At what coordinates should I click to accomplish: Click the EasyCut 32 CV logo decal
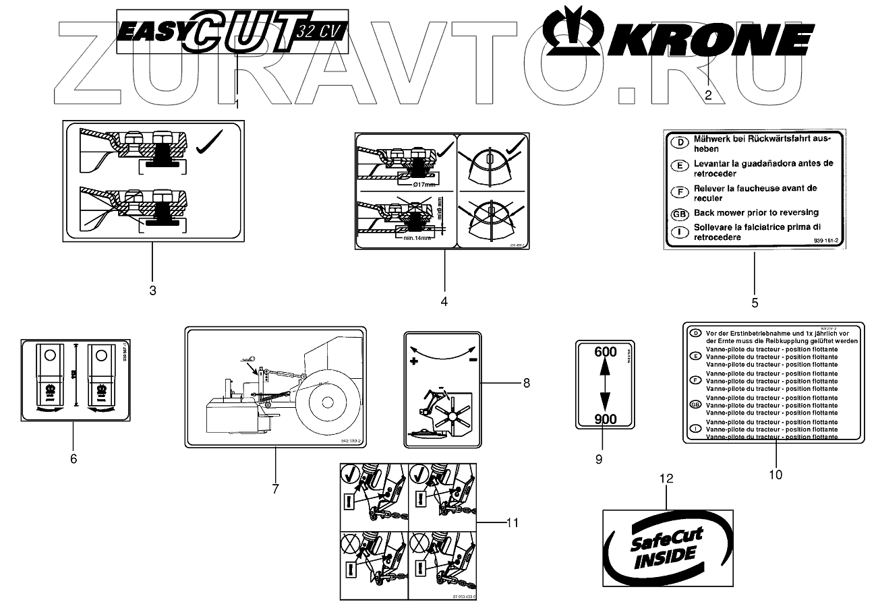pyautogui.click(x=232, y=32)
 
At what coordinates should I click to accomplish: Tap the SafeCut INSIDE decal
pyautogui.click(x=667, y=547)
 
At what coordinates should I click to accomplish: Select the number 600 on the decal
pyautogui.click(x=606, y=352)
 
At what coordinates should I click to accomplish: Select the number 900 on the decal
pyautogui.click(x=606, y=419)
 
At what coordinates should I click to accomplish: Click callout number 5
pyautogui.click(x=755, y=303)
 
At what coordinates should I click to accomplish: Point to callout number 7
pyautogui.click(x=275, y=489)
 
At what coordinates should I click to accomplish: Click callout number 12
pyautogui.click(x=666, y=479)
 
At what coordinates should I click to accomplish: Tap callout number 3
pyautogui.click(x=152, y=291)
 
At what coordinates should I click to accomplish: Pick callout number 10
pyautogui.click(x=776, y=475)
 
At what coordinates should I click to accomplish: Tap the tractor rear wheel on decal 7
pyautogui.click(x=327, y=402)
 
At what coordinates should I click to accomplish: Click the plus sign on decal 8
pyautogui.click(x=413, y=362)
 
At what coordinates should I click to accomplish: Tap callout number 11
pyautogui.click(x=513, y=522)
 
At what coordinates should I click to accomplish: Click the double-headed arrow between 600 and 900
pyautogui.click(x=605, y=385)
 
